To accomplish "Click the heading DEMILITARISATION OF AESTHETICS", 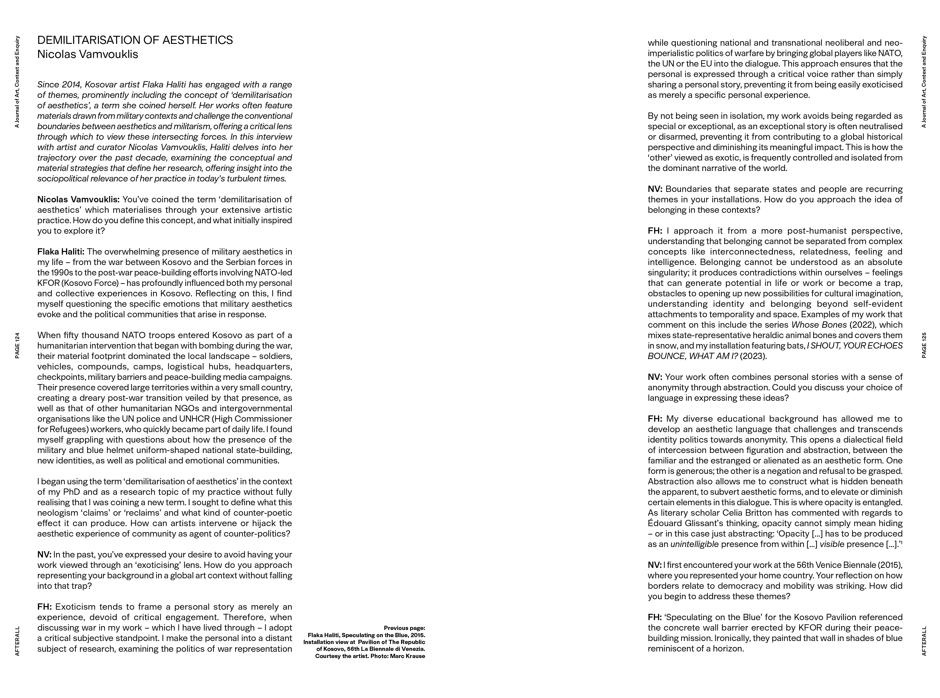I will [135, 40].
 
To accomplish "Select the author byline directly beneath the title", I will [87, 55].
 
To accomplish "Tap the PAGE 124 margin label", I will [17, 346].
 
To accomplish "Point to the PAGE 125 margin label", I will [924, 346].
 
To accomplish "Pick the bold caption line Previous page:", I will [404, 628].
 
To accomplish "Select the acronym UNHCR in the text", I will [193, 419].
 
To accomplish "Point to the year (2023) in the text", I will [753, 356].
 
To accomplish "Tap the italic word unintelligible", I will [694, 544].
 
